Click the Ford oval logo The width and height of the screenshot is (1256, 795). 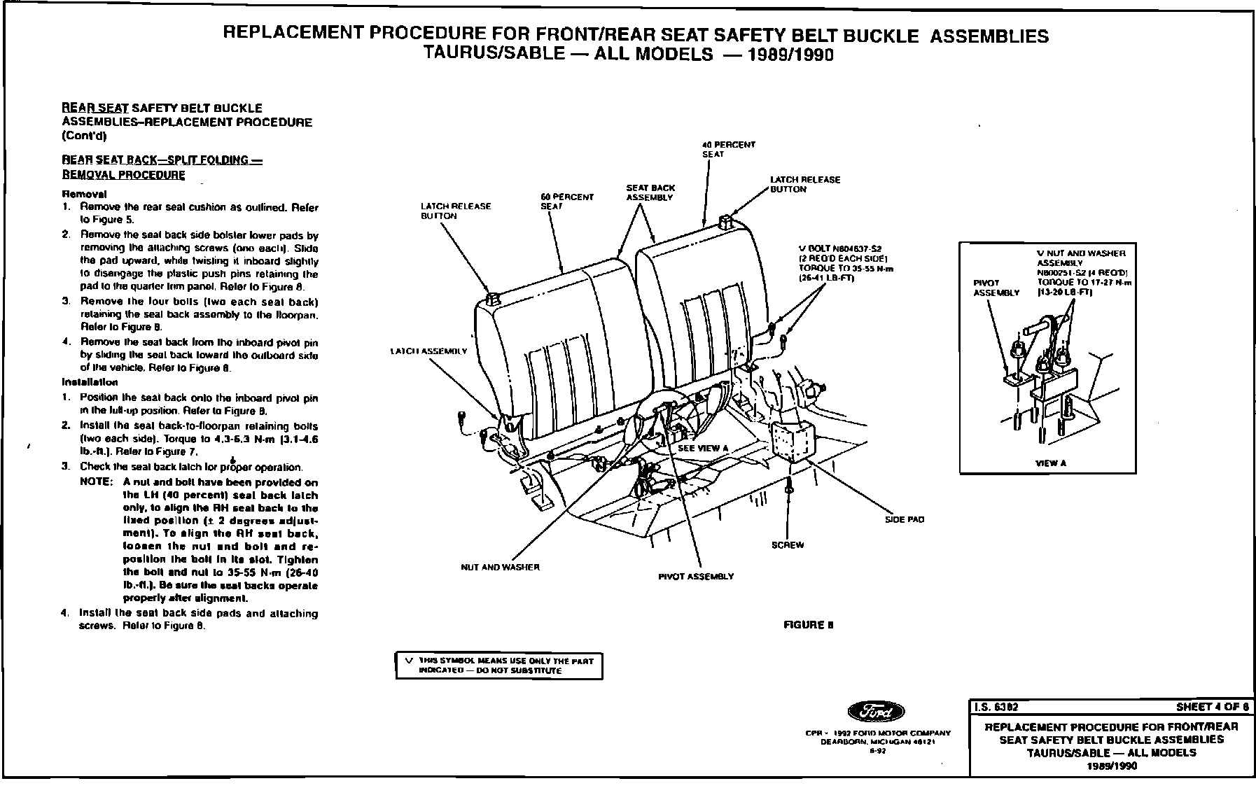click(876, 712)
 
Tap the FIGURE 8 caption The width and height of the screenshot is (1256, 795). click(809, 625)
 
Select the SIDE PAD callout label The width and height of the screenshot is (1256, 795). click(905, 520)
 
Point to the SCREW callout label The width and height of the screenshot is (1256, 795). click(787, 545)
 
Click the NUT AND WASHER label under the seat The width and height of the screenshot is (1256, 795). click(500, 567)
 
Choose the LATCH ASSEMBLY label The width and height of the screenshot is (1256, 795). click(428, 351)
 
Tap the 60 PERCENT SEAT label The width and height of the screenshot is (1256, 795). click(566, 202)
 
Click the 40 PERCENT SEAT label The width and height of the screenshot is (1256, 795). click(728, 149)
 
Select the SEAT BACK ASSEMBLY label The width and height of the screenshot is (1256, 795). click(650, 192)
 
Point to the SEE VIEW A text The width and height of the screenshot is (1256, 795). click(703, 449)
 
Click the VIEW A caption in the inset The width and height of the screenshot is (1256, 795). click(1051, 463)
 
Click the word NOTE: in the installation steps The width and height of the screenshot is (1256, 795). click(96, 482)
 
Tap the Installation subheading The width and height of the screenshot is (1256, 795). click(90, 382)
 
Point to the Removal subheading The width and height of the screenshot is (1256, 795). click(84, 194)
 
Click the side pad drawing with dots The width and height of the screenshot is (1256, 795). click(794, 442)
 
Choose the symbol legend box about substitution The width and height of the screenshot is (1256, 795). click(499, 666)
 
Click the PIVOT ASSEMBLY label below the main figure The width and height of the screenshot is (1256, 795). click(696, 576)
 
